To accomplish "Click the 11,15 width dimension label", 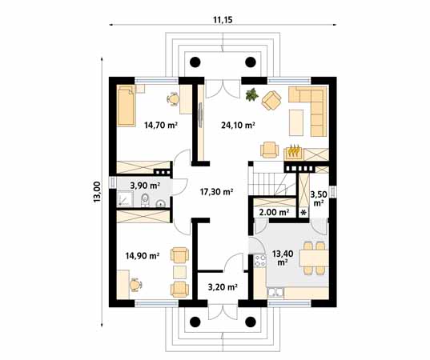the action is (223, 20).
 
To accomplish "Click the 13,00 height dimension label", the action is (98, 192).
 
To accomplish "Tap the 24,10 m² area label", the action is (238, 126).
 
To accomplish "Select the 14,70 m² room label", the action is (161, 126).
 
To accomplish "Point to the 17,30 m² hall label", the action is (217, 192).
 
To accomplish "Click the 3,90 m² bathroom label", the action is (145, 186).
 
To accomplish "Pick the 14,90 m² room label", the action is (143, 256).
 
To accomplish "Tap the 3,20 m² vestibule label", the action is (223, 287).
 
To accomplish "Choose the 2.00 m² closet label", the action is (274, 212).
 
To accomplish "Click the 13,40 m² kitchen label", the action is (283, 258).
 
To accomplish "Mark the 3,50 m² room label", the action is (319, 199).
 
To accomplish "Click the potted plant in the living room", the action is (252, 94).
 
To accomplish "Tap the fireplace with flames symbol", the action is (294, 152).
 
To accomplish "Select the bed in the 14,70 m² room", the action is (127, 106).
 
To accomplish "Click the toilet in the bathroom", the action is (145, 200).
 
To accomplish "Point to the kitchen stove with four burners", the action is (260, 261).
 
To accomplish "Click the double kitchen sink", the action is (275, 293).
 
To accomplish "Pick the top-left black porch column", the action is (195, 62).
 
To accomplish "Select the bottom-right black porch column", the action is (251, 322).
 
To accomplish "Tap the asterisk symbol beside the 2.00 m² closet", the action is (303, 213).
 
